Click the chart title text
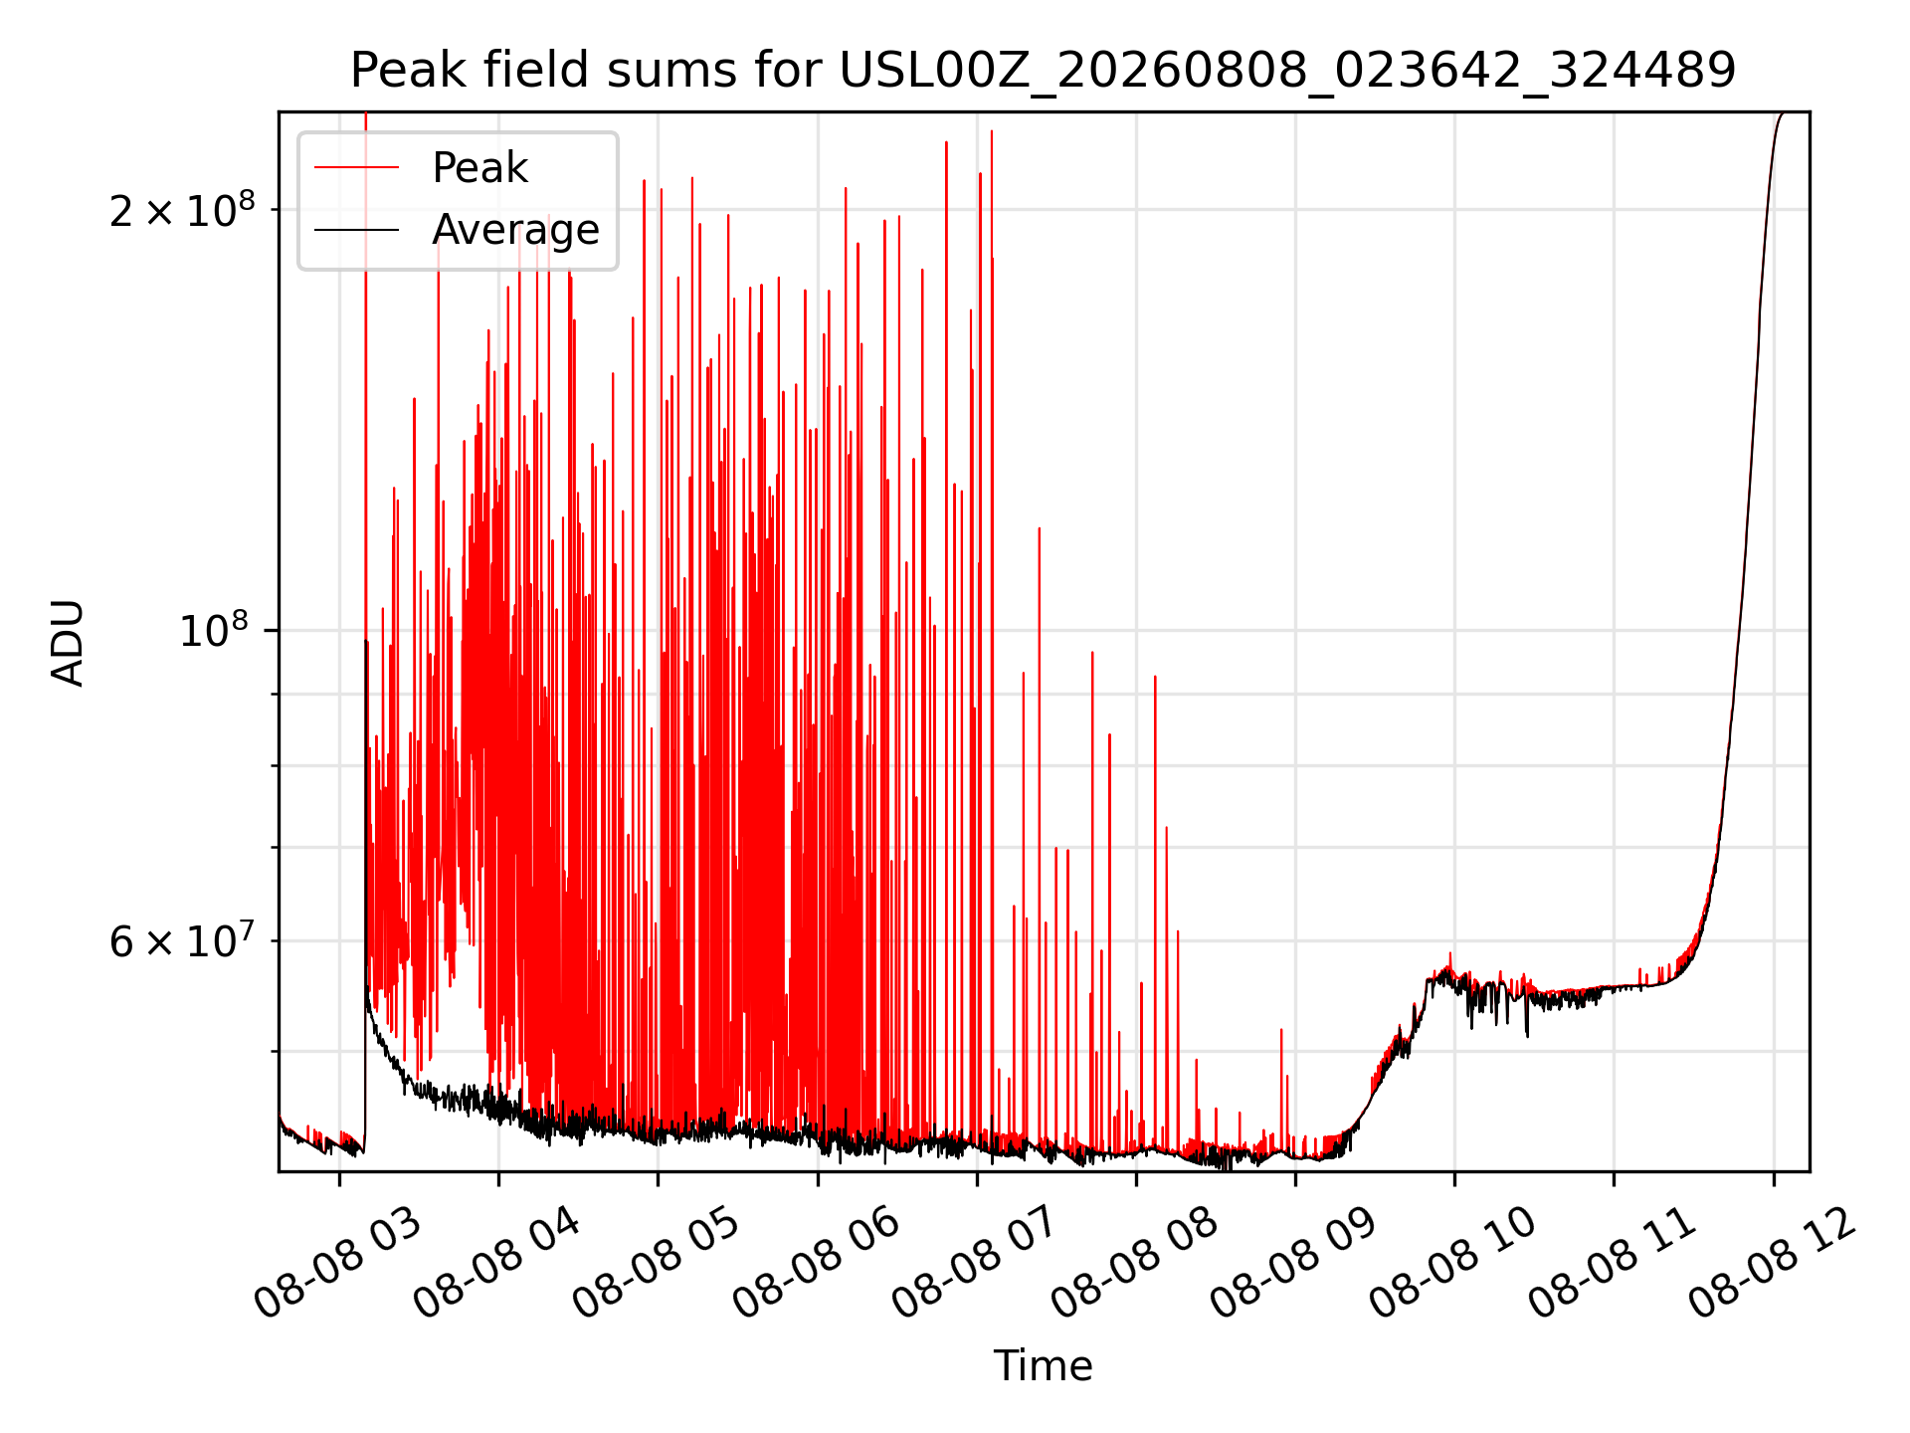coord(1043,71)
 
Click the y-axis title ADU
coord(68,642)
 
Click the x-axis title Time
coord(1043,1365)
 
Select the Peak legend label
coord(479,168)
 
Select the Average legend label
coord(515,230)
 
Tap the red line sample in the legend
coord(356,168)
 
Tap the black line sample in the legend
coord(356,230)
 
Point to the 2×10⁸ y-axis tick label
coord(182,210)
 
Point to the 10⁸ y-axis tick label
coord(217,630)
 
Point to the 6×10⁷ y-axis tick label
coord(182,940)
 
